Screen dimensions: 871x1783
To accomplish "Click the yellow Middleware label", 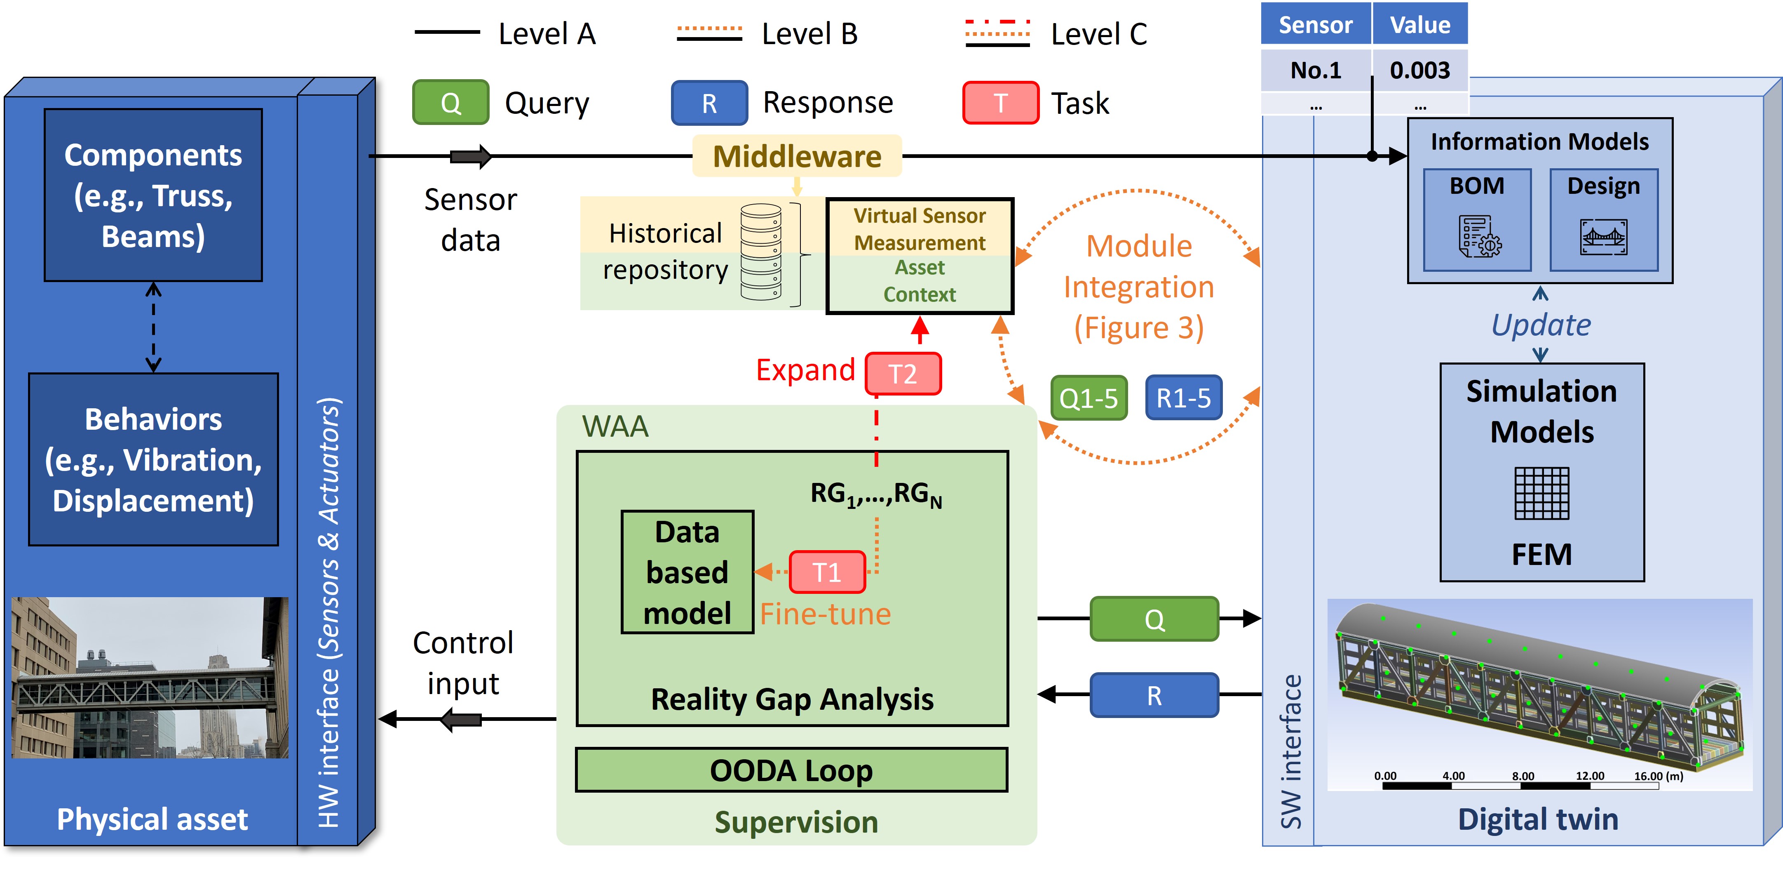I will point(797,156).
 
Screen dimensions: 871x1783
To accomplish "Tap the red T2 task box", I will point(903,374).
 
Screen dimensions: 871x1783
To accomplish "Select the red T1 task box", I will point(826,572).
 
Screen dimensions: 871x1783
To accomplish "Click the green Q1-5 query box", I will point(1088,398).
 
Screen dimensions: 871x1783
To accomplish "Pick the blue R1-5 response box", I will point(1183,398).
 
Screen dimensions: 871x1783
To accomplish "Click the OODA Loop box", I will point(791,770).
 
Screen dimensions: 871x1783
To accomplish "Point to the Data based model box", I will point(687,572).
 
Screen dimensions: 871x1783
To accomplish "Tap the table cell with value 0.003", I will point(1419,70).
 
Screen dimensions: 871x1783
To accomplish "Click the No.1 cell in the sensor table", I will point(1316,70).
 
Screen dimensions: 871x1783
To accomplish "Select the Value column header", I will point(1419,25).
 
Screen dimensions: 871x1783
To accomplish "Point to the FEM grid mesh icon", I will point(1541,493).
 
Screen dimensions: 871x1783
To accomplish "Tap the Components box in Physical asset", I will point(153,195).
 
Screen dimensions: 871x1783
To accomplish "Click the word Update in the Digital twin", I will point(1541,325).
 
